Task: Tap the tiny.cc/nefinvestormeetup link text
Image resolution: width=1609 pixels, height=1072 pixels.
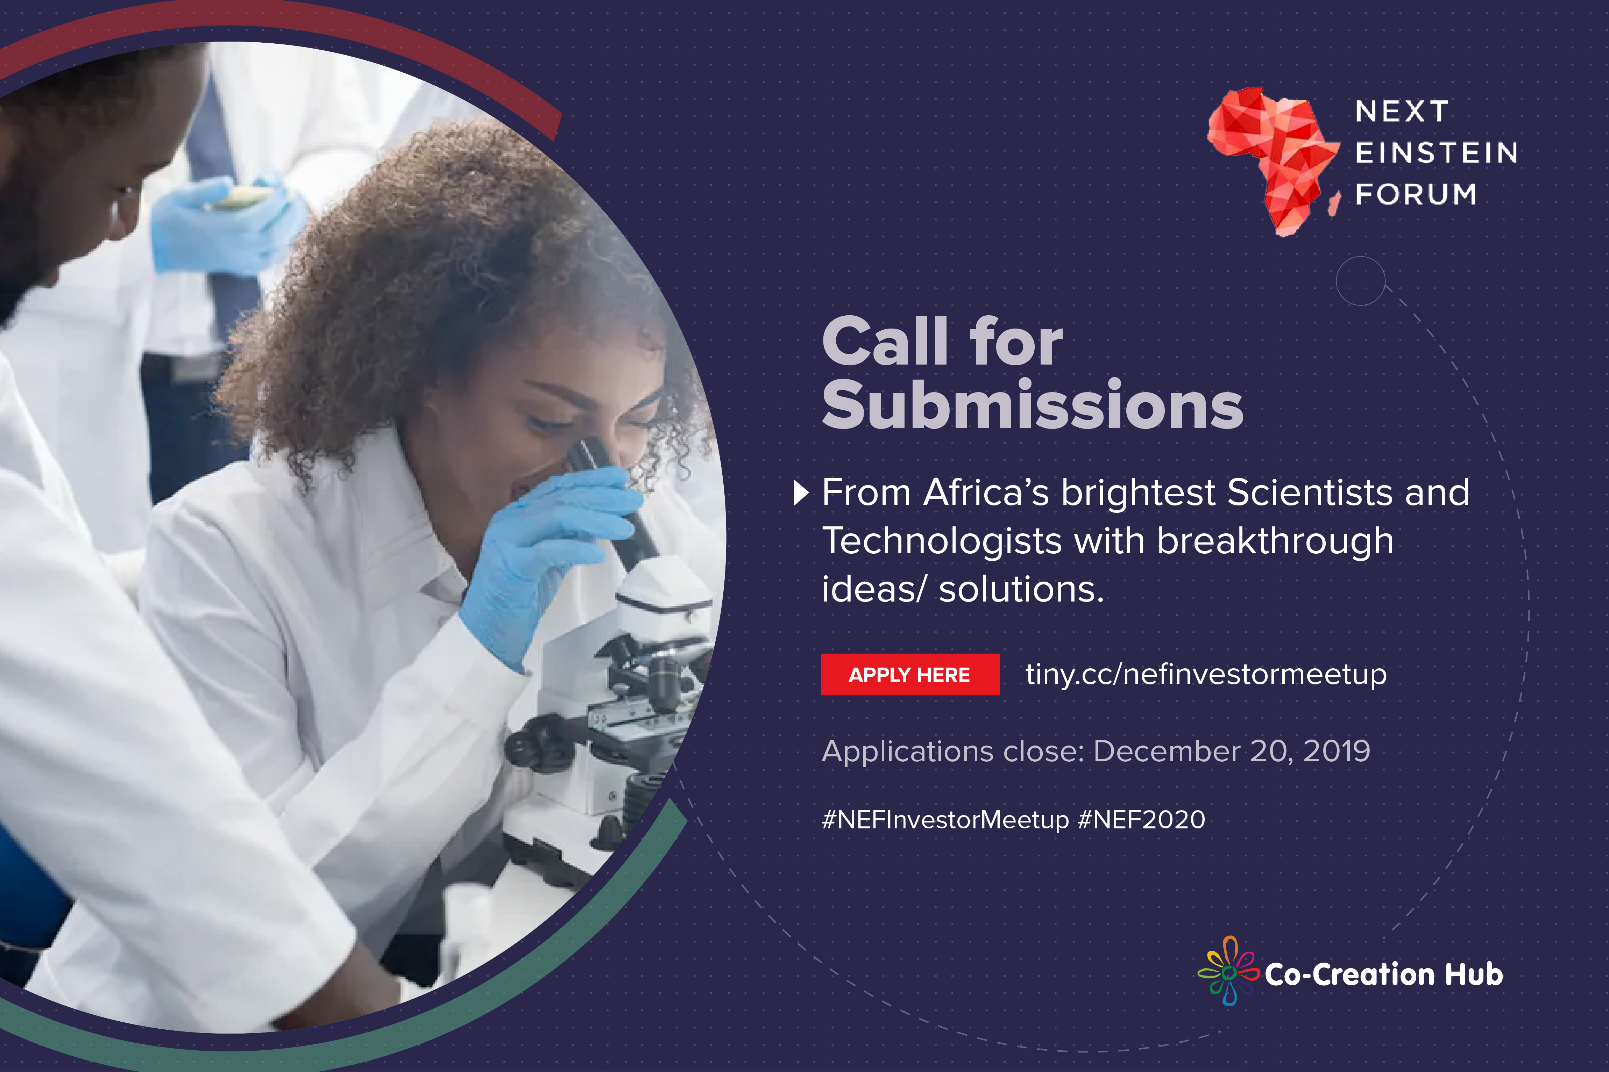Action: click(x=1206, y=675)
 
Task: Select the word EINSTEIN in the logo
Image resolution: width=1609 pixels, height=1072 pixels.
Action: click(x=1437, y=153)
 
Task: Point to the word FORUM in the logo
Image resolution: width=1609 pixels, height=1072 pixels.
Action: click(x=1416, y=195)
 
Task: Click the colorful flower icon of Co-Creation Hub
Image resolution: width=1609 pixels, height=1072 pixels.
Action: click(x=1229, y=971)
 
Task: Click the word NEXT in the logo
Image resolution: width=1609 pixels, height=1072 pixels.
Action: click(x=1402, y=111)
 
